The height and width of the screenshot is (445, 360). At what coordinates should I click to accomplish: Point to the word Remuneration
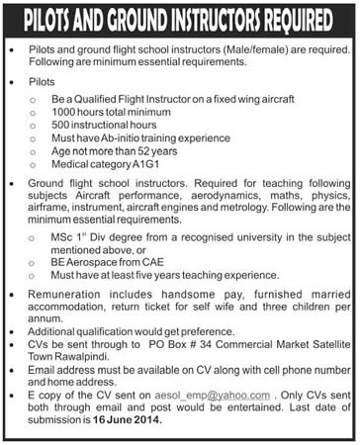62,299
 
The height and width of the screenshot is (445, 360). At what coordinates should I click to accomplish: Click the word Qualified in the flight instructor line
116,101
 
